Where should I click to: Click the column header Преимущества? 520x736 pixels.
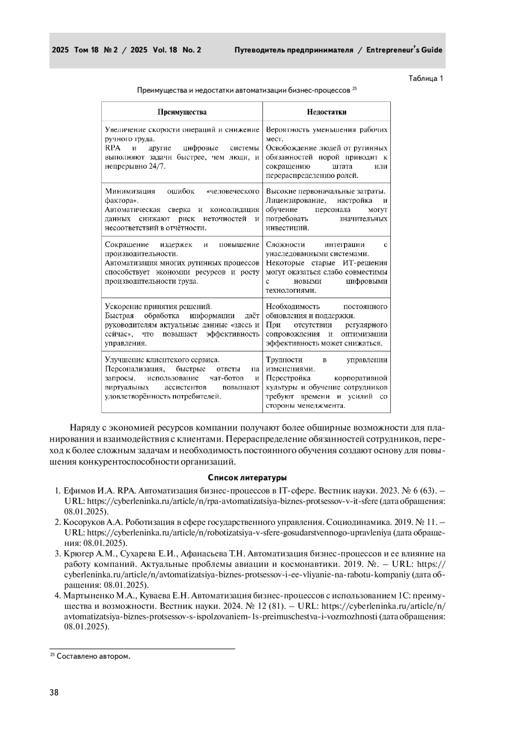pos(182,112)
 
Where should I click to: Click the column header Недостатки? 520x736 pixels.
pos(326,112)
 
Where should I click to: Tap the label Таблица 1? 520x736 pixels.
pos(426,79)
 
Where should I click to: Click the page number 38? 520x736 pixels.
pos(54,692)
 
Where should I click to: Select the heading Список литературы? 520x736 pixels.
pos(247,478)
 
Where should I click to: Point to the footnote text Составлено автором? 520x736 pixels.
pos(93,656)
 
